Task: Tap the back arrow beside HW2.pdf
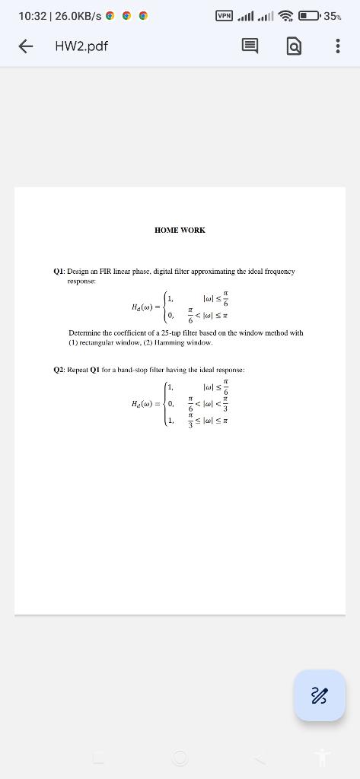click(x=25, y=46)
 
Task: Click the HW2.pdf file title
click(x=81, y=46)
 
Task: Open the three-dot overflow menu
click(x=337, y=46)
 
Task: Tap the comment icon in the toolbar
click(x=250, y=46)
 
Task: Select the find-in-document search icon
click(x=294, y=46)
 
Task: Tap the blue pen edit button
click(x=320, y=695)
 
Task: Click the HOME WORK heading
click(x=180, y=230)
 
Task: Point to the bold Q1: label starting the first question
click(x=59, y=271)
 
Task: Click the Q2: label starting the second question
click(x=59, y=369)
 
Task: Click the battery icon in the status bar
click(x=309, y=15)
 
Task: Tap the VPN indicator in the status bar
click(x=225, y=15)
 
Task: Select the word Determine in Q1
click(x=87, y=332)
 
